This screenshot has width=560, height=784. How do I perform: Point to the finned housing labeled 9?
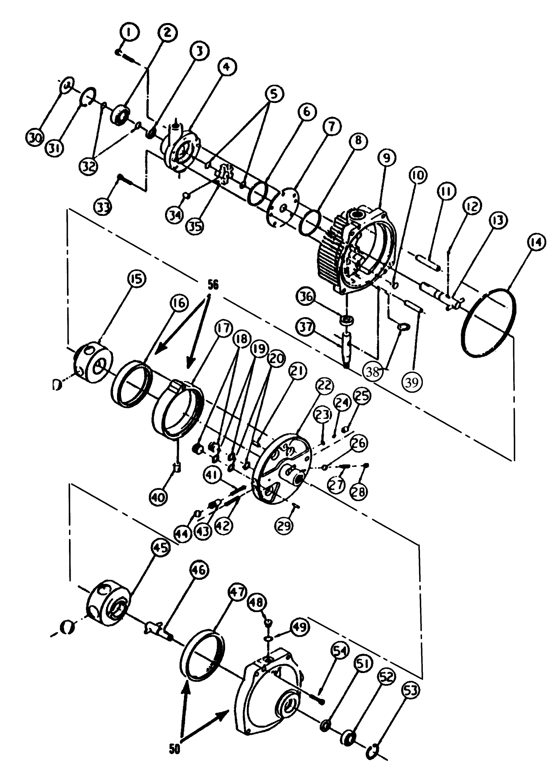(x=355, y=250)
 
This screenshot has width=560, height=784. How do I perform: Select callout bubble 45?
(x=160, y=549)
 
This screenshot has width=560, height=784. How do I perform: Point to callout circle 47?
(x=238, y=593)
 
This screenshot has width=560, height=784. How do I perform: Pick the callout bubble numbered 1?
(x=129, y=33)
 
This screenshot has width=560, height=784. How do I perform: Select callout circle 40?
(x=158, y=498)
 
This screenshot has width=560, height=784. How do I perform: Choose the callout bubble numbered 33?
(x=104, y=207)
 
